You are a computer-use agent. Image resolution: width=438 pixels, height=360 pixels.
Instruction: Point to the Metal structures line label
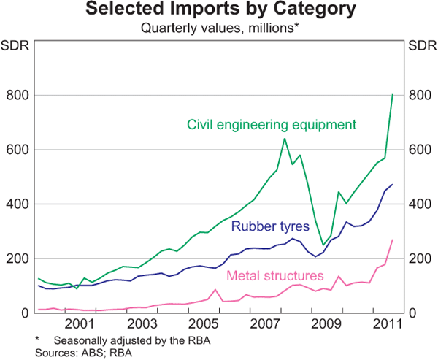[x=275, y=276]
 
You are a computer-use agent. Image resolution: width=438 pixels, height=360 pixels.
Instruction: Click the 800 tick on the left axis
[x=17, y=96]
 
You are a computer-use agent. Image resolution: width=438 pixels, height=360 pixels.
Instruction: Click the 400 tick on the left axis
[x=17, y=204]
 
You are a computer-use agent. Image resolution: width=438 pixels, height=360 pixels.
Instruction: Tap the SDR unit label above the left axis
[x=16, y=47]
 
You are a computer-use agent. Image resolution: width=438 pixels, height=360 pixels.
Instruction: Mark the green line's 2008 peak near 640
[x=284, y=139]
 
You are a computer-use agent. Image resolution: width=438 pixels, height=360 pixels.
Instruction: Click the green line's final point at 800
[x=393, y=94]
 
